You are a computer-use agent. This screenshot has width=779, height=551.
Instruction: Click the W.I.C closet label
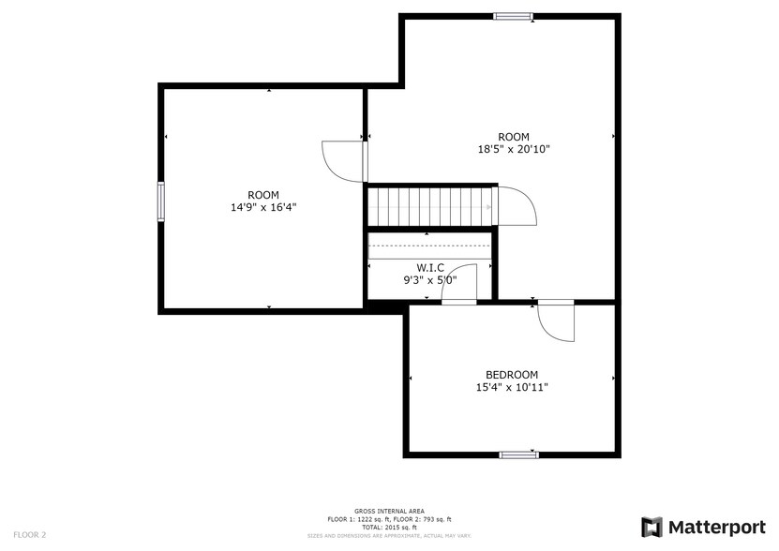[x=430, y=267]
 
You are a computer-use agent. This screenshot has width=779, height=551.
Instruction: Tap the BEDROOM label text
[x=512, y=374]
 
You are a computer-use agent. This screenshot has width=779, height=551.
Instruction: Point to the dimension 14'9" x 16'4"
[x=262, y=207]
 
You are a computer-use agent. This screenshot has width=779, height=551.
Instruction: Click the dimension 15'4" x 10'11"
[x=512, y=386]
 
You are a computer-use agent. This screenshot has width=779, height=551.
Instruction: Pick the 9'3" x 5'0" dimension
[x=430, y=278]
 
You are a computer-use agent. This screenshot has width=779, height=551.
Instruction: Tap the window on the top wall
[x=513, y=16]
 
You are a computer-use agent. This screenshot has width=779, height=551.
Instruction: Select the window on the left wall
[x=161, y=201]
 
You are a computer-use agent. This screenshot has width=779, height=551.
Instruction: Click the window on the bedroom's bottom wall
[x=518, y=454]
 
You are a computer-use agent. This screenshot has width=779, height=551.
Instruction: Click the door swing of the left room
[x=343, y=161]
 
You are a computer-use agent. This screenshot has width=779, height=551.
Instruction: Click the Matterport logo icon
[x=652, y=527]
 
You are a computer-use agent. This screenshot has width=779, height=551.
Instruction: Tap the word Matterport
[x=715, y=527]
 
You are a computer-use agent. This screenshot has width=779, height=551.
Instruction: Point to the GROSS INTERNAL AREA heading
[x=389, y=511]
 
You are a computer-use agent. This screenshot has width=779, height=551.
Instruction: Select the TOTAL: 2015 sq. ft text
[x=389, y=527]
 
